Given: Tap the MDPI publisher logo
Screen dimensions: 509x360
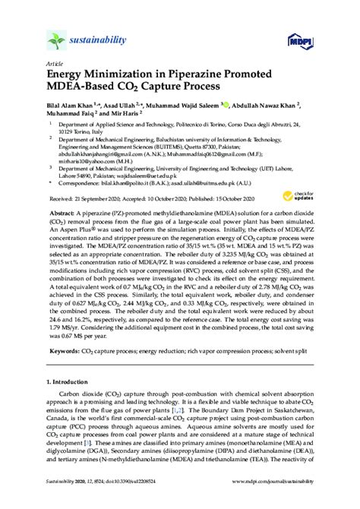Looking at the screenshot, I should click(x=300, y=40).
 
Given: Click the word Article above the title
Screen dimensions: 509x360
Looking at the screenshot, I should click(x=55, y=64).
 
